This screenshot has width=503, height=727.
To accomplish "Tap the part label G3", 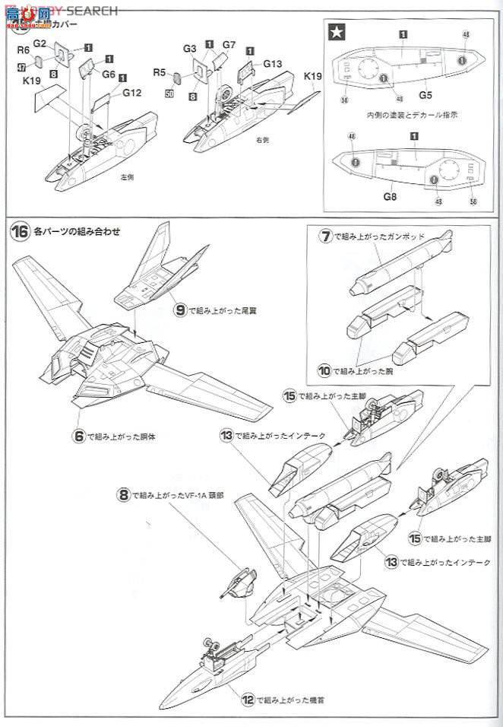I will tap(190, 49).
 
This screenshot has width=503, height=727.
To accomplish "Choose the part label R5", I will tap(159, 72).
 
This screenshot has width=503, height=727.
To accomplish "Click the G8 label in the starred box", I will tap(391, 197).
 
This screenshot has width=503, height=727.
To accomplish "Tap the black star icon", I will tap(335, 33).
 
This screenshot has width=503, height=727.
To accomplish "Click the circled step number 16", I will tap(20, 232).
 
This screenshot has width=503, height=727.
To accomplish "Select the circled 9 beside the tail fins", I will tap(180, 310).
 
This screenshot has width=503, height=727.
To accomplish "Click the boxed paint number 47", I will tap(21, 67).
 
